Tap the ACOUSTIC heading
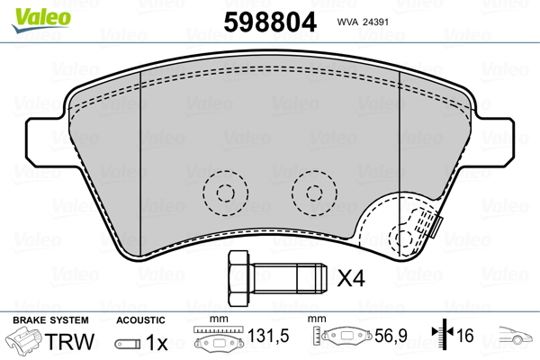click(140, 319)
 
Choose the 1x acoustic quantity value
click(157, 343)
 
